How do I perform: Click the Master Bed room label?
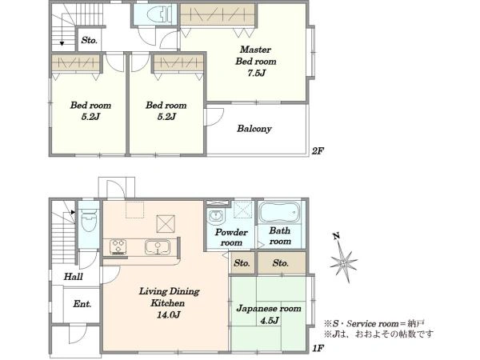point(256,55)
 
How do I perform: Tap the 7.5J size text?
point(257,73)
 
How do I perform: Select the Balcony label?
point(254,129)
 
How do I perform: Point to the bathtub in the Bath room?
point(279,212)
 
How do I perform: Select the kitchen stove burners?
point(118,246)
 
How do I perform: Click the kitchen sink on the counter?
point(158,247)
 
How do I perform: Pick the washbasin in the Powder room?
point(217,216)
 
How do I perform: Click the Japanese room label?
point(269,309)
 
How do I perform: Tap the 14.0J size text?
point(168,314)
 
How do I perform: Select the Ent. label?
point(82,304)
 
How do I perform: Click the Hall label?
point(73,277)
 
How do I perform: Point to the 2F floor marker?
point(318,151)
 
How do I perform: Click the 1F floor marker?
point(318,348)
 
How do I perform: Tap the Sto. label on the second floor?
point(89,41)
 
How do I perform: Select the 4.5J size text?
point(270,321)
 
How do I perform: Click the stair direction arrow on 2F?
point(62,36)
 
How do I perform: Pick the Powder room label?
point(231,238)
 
